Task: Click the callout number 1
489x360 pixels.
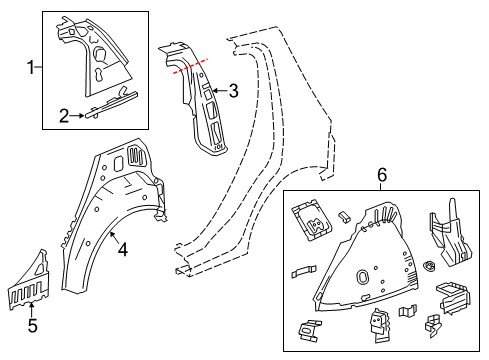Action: (x=30, y=67)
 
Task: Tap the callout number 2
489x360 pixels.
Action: (x=64, y=116)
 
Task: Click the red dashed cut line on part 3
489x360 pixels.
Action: (x=191, y=67)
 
